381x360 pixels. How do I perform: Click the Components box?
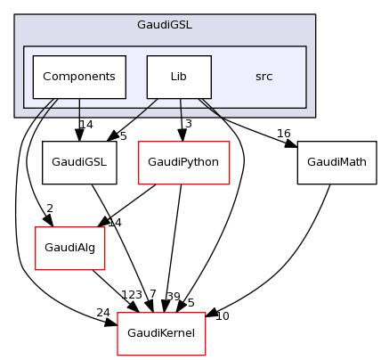pyautogui.click(x=79, y=77)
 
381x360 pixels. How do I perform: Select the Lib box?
pyautogui.click(x=179, y=77)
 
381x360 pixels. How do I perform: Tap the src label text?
pyautogui.click(x=263, y=77)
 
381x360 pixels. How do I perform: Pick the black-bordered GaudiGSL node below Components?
pyautogui.click(x=80, y=163)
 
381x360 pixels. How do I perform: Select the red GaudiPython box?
pyautogui.click(x=183, y=163)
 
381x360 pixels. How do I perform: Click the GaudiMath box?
pyautogui.click(x=336, y=163)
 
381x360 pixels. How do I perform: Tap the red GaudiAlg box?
pyautogui.click(x=69, y=249)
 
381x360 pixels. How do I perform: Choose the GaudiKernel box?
pyautogui.click(x=162, y=334)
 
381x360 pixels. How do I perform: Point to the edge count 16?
pyautogui.click(x=283, y=134)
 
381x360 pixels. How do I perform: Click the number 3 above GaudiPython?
pyautogui.click(x=189, y=123)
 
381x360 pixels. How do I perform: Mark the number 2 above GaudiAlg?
pyautogui.click(x=50, y=209)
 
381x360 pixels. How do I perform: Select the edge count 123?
pyautogui.click(x=132, y=294)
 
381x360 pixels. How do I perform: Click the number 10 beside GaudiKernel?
pyautogui.click(x=223, y=316)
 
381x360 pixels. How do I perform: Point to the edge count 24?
pyautogui.click(x=103, y=312)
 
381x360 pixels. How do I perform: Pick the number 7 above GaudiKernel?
pyautogui.click(x=152, y=294)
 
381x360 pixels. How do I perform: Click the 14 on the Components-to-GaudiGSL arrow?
pyautogui.click(x=85, y=124)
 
